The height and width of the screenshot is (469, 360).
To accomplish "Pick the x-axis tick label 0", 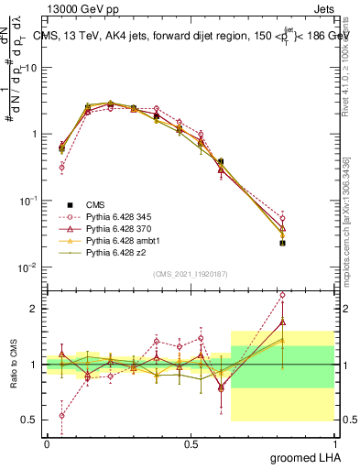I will [x=47, y=443].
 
